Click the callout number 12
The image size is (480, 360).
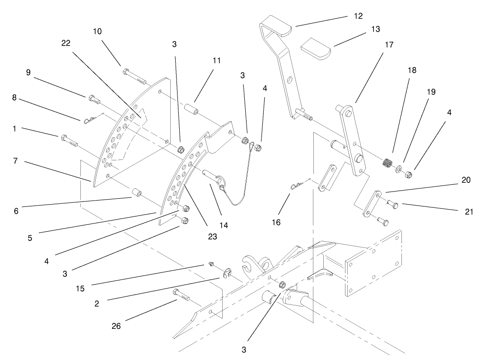tap(358, 16)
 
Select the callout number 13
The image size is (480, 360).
tap(374, 29)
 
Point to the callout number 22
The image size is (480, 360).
tap(65, 43)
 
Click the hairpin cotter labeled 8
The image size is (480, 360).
tap(90, 120)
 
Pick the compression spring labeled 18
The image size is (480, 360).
tap(387, 164)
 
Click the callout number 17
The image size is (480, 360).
tap(389, 45)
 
